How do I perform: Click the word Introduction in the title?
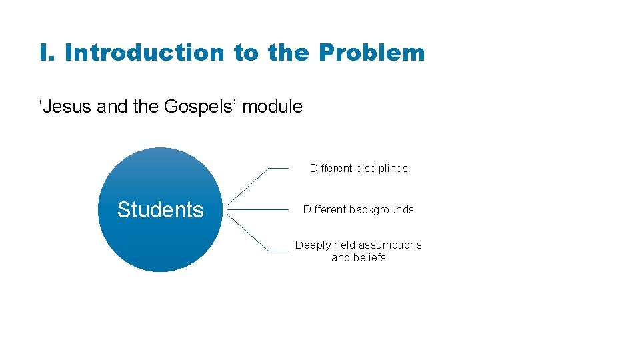pyautogui.click(x=145, y=53)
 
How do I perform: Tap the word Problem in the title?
pyautogui.click(x=371, y=53)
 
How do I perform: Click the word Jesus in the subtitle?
pyautogui.click(x=67, y=107)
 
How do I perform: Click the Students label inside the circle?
pyautogui.click(x=160, y=209)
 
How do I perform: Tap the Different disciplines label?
pyautogui.click(x=359, y=169)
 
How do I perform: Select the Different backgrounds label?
pyautogui.click(x=359, y=209)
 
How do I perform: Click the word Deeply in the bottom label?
pyautogui.click(x=313, y=245)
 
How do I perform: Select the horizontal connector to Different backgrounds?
pyautogui.click(x=257, y=209)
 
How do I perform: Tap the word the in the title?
pyautogui.click(x=289, y=53)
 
